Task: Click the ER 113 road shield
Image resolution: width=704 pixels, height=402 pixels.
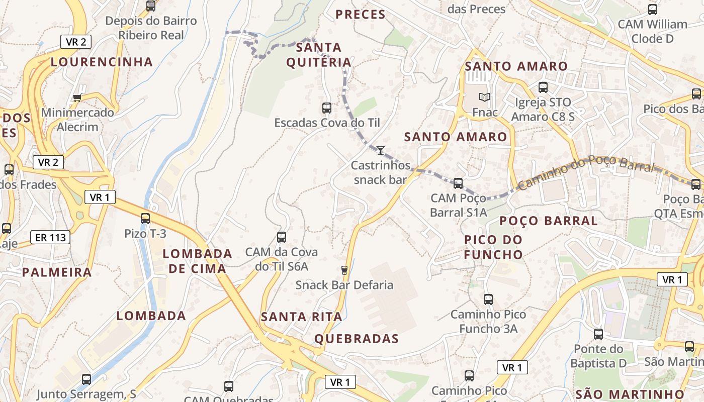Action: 51,238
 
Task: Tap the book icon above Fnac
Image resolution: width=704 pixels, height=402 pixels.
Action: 485,97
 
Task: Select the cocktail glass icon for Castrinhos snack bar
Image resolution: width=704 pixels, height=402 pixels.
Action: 381,150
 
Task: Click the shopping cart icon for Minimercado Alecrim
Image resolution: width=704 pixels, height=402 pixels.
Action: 77,97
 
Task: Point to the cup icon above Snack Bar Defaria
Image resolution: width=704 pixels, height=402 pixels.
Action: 344,270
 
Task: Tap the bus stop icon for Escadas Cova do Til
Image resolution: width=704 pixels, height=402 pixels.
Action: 327,108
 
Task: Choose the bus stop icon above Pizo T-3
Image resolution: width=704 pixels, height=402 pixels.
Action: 145,219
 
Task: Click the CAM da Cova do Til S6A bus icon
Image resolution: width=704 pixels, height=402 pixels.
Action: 282,237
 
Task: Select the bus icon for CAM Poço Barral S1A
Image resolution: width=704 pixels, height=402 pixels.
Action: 458,183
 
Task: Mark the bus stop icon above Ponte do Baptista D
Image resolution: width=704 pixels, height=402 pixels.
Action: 598,334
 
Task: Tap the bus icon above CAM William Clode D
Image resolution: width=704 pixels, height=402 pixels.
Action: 653,9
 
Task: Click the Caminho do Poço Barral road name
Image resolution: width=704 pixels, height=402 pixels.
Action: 586,172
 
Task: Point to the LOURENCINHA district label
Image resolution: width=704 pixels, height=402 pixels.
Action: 102,62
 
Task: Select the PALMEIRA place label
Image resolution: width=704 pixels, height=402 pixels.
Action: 57,272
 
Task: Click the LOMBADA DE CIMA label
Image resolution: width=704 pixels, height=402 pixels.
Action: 197,261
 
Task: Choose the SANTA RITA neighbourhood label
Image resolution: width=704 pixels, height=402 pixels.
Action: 301,317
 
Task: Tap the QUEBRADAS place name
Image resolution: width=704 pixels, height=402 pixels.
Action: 357,339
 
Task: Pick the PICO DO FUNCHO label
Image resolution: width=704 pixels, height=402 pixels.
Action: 493,247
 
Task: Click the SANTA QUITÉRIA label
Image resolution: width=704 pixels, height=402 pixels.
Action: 319,55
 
